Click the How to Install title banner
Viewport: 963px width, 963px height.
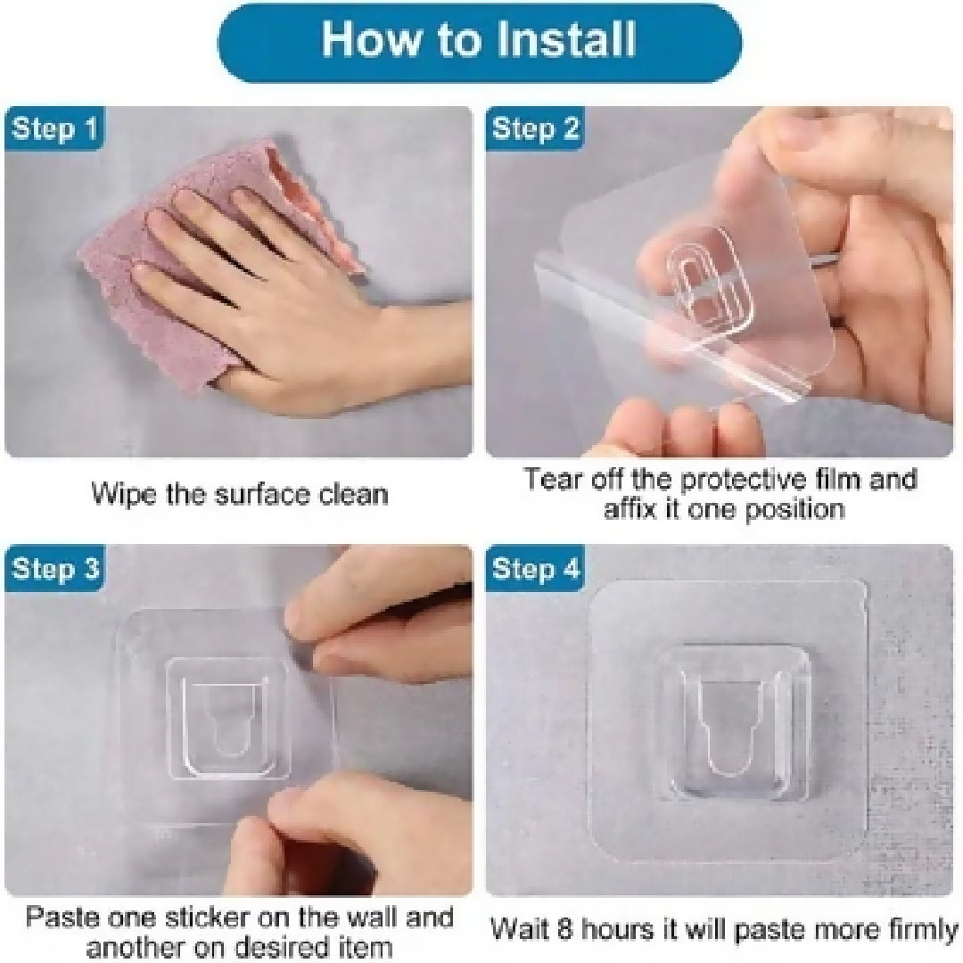[x=480, y=40]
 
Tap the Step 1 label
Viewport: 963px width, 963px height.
[x=54, y=130]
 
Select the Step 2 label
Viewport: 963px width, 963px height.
[x=535, y=130]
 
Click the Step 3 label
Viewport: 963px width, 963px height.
[x=54, y=569]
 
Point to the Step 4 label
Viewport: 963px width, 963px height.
[x=535, y=569]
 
